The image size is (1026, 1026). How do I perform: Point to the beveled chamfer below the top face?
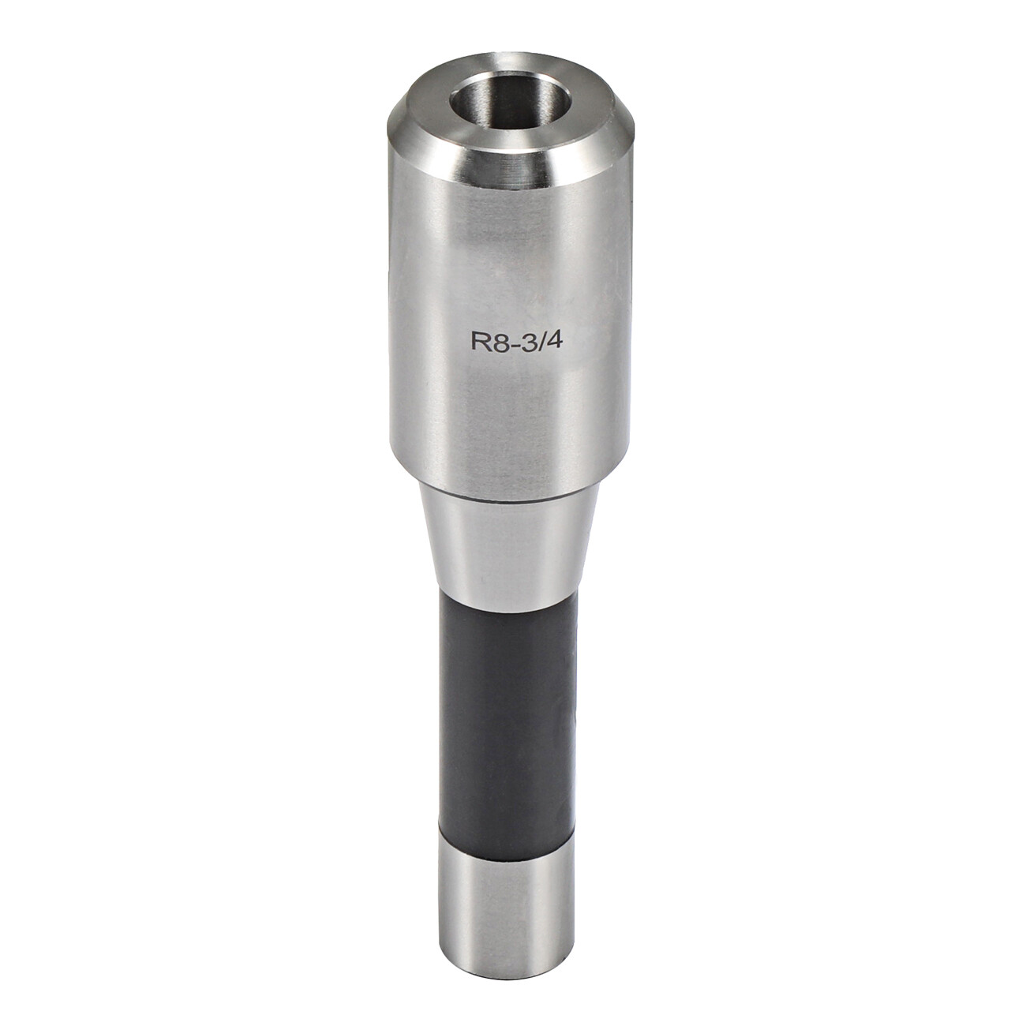(512, 155)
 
